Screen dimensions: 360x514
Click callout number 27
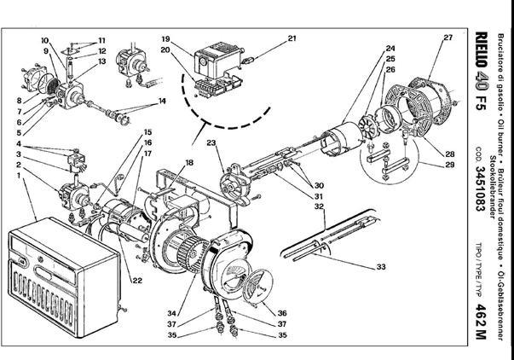448,37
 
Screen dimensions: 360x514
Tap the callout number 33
381,267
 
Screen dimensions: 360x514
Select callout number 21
292,38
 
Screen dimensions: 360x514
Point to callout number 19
167,39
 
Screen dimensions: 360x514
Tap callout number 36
282,313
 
